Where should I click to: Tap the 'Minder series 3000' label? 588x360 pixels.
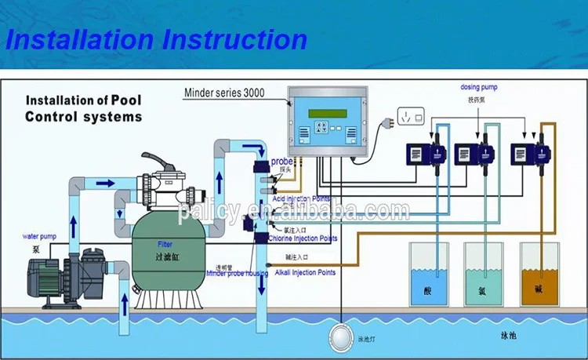(x=223, y=93)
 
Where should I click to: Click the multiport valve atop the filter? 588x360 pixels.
(x=168, y=184)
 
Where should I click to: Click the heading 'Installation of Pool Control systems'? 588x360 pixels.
(x=84, y=109)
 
